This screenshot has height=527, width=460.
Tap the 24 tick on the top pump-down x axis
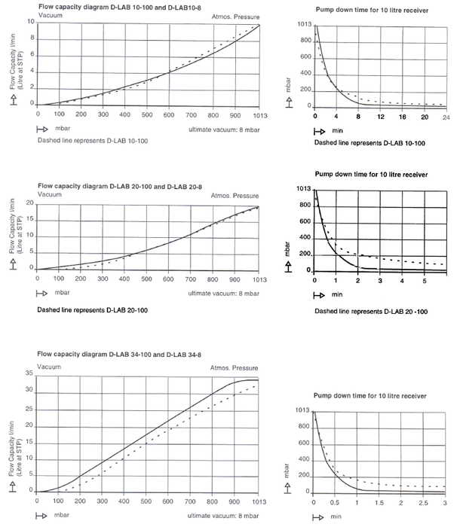[446, 119]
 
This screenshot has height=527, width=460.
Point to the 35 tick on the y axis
[29, 373]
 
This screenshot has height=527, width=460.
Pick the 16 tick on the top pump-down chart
[403, 119]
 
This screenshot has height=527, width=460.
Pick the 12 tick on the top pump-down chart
[381, 119]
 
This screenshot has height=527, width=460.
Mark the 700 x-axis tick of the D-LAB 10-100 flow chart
[191, 114]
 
